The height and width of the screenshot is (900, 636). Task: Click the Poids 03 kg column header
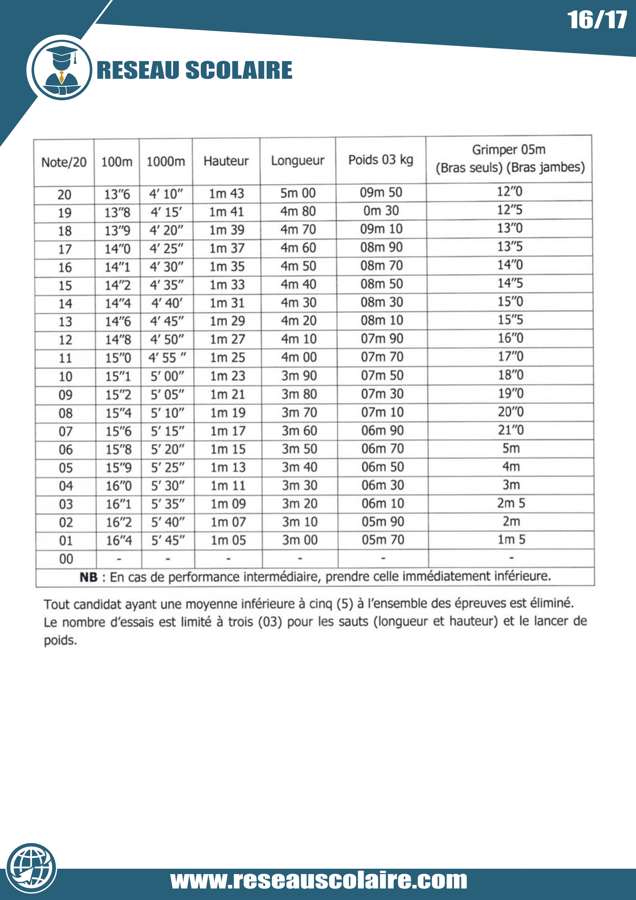click(381, 160)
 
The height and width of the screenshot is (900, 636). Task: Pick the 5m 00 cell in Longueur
click(298, 193)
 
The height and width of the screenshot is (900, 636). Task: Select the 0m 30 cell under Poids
click(381, 211)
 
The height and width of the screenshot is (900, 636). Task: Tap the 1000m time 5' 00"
click(167, 376)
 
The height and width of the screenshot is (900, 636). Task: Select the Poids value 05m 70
click(383, 540)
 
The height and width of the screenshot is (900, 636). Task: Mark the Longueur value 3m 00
click(300, 540)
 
